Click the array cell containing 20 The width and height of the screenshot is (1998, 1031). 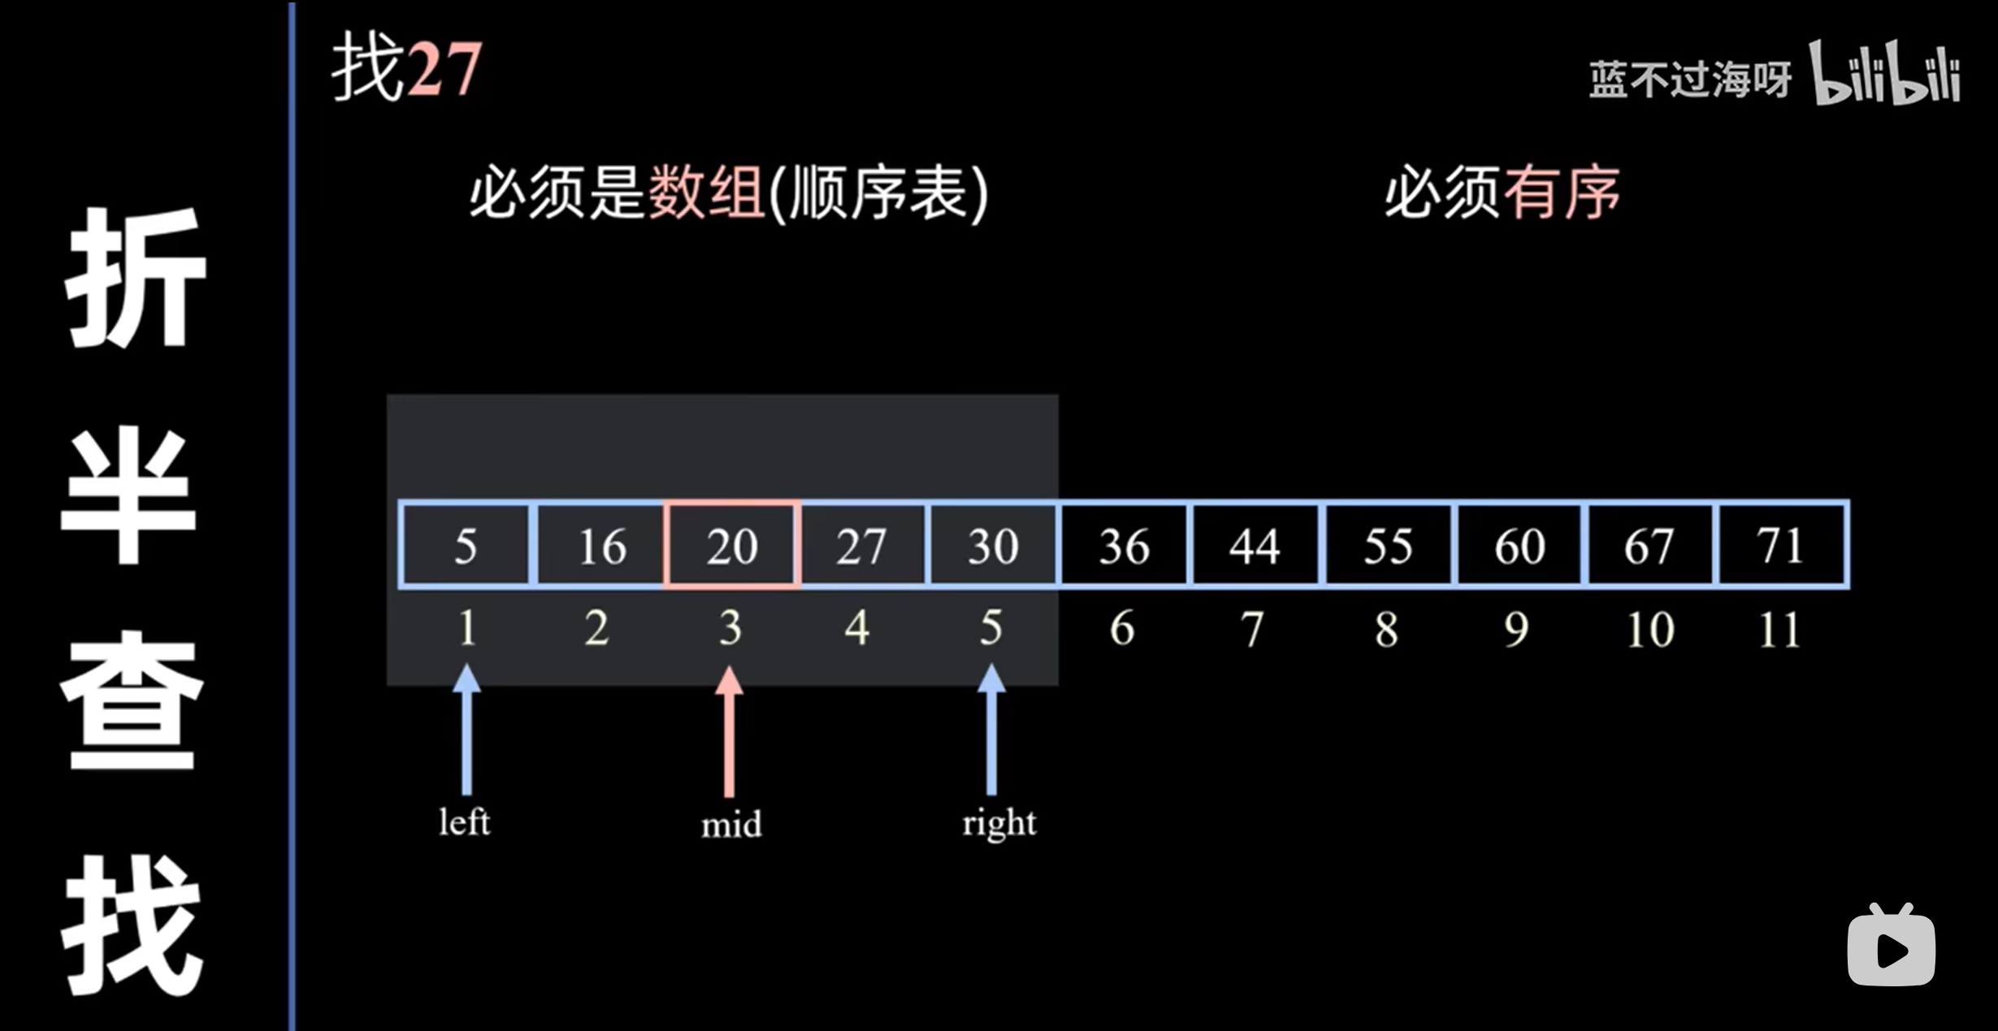click(731, 545)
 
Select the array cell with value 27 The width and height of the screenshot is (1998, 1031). click(861, 545)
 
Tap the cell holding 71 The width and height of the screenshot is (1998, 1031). click(1780, 545)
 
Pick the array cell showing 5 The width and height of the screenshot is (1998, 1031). click(465, 545)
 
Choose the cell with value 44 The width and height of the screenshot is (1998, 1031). click(1255, 545)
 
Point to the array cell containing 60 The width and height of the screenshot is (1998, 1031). click(1519, 545)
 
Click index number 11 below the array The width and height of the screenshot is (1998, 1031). click(1779, 630)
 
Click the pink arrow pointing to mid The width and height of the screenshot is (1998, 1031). click(729, 731)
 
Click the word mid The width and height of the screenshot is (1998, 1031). click(731, 825)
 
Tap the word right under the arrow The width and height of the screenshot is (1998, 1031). click(999, 824)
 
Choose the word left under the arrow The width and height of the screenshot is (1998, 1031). click(464, 822)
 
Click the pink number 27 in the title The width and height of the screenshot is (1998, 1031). click(444, 71)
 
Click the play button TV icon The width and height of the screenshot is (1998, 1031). click(1891, 947)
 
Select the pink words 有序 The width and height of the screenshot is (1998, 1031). click(1561, 193)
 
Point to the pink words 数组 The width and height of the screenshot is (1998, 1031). click(705, 193)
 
